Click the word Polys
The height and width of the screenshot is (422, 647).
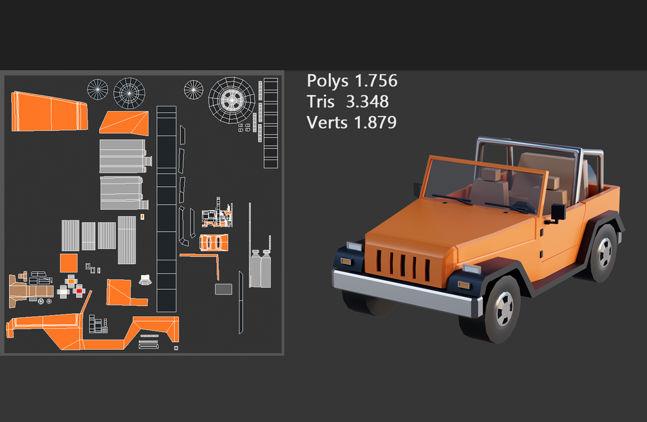point(328,81)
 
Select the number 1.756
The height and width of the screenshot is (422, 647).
point(376,81)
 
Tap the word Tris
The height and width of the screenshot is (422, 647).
point(320,102)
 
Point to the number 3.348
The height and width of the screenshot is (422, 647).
point(367,102)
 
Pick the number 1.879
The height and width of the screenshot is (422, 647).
point(375,122)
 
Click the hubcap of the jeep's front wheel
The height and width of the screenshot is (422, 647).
point(504,309)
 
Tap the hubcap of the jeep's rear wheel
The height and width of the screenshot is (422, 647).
point(605,253)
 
